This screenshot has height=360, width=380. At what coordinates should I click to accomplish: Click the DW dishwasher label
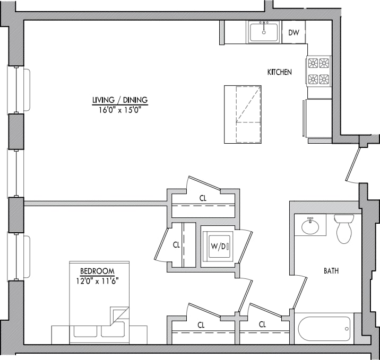293,33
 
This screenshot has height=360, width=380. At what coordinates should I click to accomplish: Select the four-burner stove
318,72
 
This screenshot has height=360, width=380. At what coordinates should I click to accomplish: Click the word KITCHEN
279,72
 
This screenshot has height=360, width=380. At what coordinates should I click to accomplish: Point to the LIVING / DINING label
119,100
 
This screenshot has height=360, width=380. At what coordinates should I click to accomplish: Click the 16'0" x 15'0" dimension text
119,109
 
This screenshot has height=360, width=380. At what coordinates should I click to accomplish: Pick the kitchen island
243,113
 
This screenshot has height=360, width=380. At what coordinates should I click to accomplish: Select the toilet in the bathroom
343,227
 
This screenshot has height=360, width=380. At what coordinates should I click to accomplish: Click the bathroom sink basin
310,227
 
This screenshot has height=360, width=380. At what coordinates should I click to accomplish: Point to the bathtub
324,329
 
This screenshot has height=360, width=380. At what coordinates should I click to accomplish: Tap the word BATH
331,271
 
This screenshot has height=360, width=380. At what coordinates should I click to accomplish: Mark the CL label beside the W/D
176,245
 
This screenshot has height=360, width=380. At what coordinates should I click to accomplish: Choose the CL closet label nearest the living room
203,198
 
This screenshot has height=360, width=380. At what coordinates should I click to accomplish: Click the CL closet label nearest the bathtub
262,324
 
